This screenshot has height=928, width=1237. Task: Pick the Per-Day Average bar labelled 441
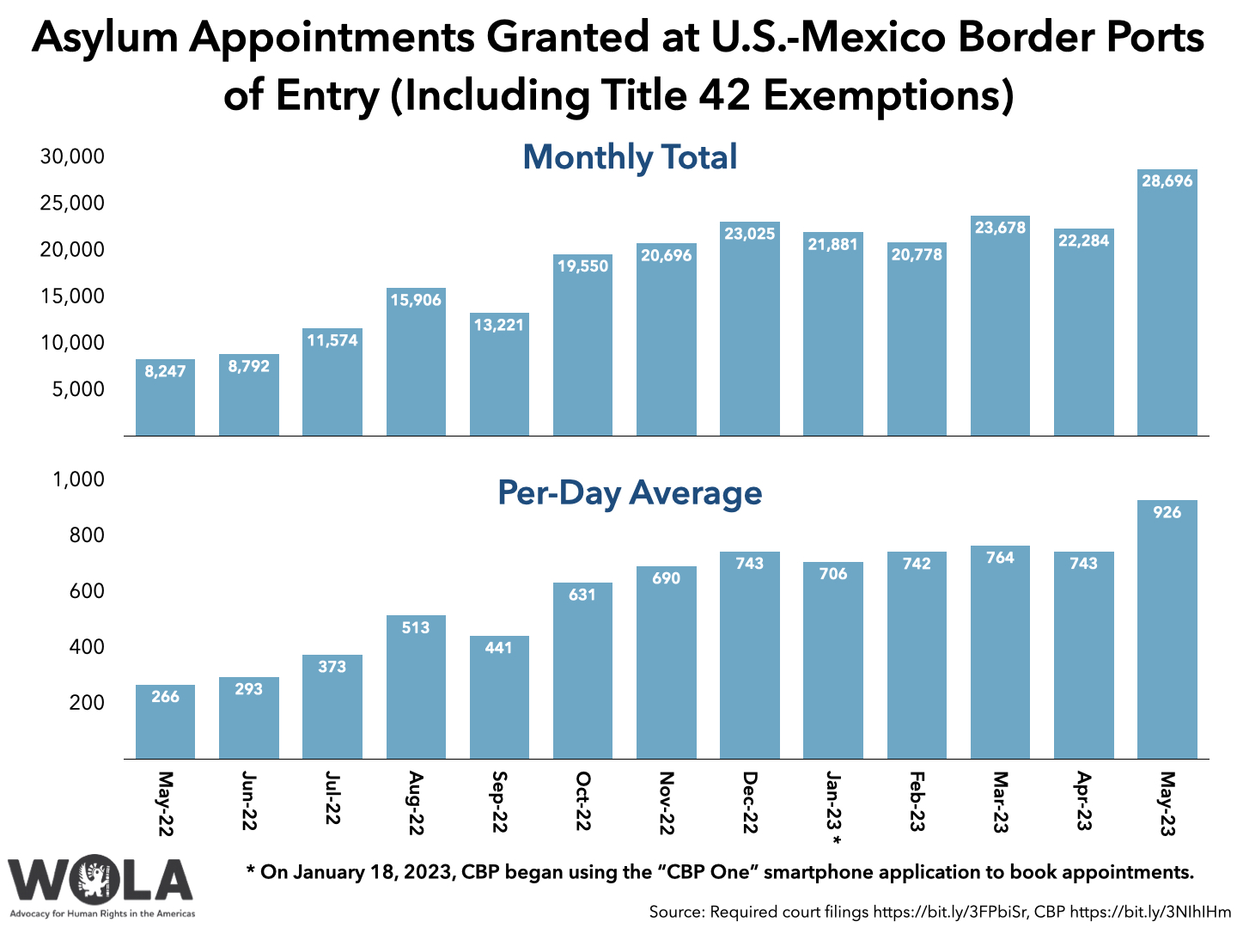[x=499, y=698]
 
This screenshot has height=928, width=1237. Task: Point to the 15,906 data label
[x=416, y=300]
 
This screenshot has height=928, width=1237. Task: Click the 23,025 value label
[x=749, y=234]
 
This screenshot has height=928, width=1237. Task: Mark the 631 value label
[x=582, y=595]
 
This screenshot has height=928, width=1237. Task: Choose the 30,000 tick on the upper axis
[x=72, y=156]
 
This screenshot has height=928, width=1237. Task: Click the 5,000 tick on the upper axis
[x=78, y=389]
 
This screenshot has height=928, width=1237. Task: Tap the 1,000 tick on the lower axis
[x=78, y=479]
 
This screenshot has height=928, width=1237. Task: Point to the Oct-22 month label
[x=582, y=801]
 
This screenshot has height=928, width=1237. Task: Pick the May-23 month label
[x=1167, y=803]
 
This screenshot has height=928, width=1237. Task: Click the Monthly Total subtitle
[x=630, y=157]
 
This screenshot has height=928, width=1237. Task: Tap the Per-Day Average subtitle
[x=630, y=492]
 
